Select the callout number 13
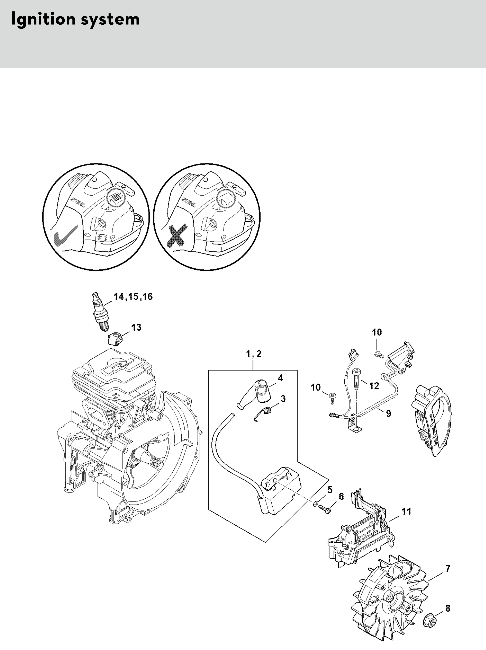(x=136, y=327)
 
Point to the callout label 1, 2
(x=254, y=354)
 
